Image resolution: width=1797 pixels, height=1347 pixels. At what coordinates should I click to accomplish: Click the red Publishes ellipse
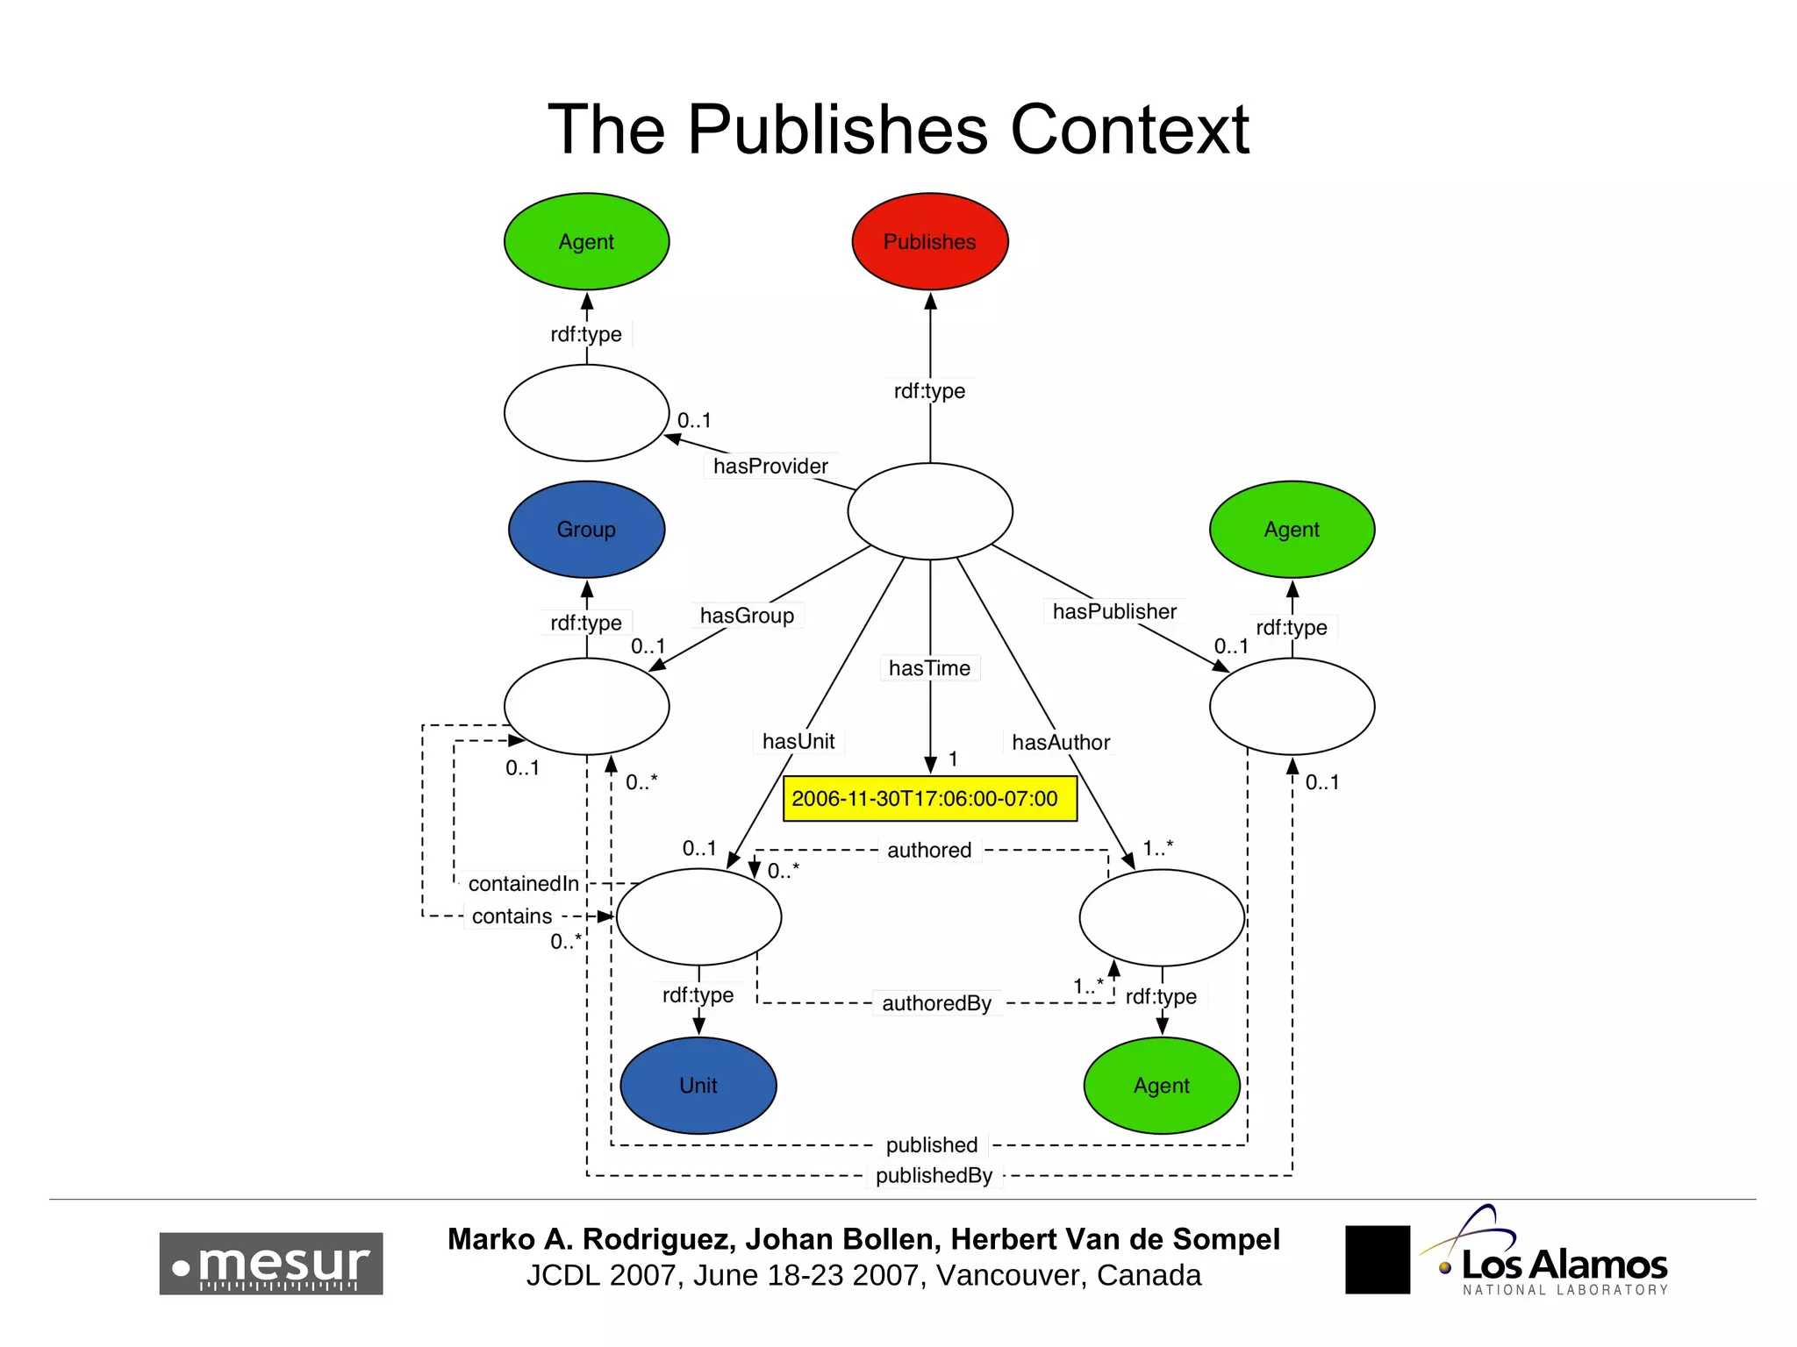pos(929,241)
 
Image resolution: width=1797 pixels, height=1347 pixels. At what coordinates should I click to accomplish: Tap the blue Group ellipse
pos(586,529)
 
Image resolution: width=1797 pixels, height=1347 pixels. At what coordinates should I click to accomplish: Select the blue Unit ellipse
pos(698,1085)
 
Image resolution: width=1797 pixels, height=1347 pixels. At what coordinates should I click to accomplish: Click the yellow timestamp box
pos(929,798)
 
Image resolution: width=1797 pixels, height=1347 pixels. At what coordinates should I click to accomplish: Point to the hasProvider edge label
pos(770,466)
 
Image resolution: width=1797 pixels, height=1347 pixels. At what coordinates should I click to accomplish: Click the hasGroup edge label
pos(747,616)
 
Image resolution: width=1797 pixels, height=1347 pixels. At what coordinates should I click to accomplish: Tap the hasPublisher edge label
pos(1114,611)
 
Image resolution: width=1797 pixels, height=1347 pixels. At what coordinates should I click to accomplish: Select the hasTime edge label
pos(929,668)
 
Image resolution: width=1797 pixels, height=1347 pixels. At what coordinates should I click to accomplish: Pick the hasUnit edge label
pos(798,741)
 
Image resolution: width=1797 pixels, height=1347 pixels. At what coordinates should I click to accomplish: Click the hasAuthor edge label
pos(1061,742)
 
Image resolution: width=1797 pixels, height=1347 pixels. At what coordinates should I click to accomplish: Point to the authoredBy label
pos(936,1003)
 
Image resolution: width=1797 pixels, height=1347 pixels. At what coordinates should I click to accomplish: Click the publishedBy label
pos(934,1175)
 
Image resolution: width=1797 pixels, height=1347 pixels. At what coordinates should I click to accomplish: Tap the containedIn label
pos(523,883)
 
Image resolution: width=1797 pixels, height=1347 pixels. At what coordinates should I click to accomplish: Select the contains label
pos(512,916)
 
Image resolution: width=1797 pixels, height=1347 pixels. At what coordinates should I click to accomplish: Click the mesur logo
pos(271,1263)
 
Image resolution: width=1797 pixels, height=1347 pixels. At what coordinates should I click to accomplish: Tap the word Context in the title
pos(1129,130)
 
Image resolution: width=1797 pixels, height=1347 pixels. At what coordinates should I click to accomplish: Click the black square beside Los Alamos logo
pos(1377,1259)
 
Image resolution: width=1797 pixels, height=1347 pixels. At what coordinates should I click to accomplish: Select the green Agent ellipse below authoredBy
pos(1161,1085)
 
